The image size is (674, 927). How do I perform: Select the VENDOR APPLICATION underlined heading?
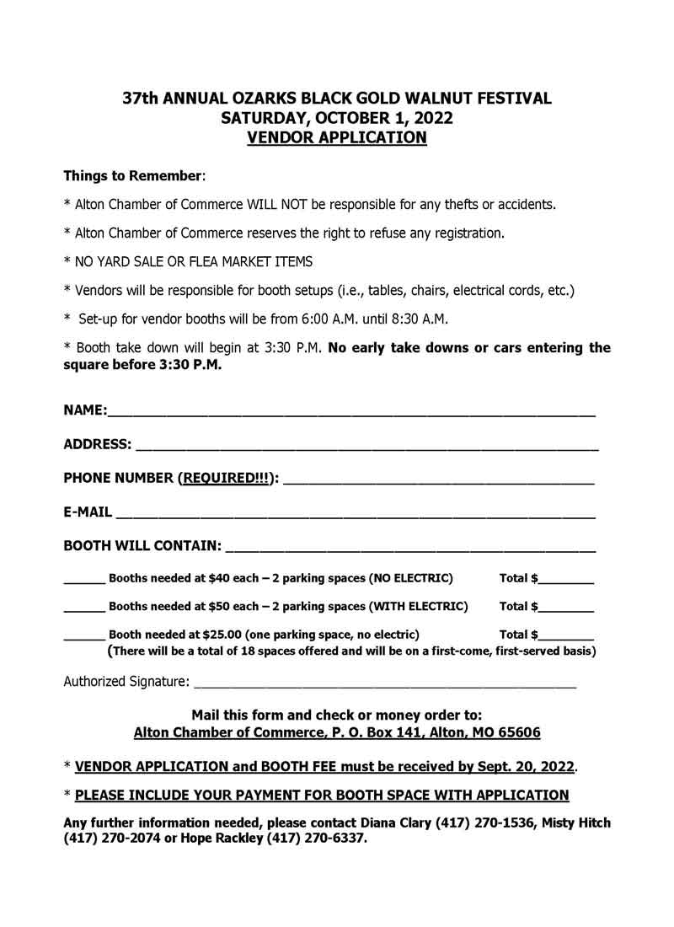point(337,137)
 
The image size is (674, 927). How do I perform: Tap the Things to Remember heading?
point(133,177)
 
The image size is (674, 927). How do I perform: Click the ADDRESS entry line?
point(366,447)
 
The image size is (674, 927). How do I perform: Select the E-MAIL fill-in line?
point(356,513)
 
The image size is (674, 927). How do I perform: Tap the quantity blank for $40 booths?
point(84,581)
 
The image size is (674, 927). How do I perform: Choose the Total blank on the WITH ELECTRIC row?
point(566,608)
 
